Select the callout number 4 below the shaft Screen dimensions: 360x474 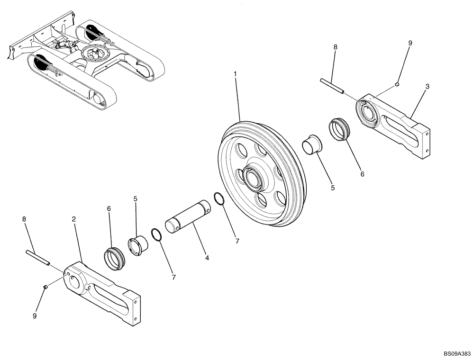[207, 258]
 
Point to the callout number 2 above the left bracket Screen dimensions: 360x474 [74, 219]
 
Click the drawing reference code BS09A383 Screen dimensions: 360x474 [457, 353]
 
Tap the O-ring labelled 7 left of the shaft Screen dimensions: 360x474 [156, 234]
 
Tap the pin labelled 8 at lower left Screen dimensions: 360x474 [37, 257]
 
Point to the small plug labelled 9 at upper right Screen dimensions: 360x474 [397, 85]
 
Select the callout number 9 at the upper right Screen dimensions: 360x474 [410, 43]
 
